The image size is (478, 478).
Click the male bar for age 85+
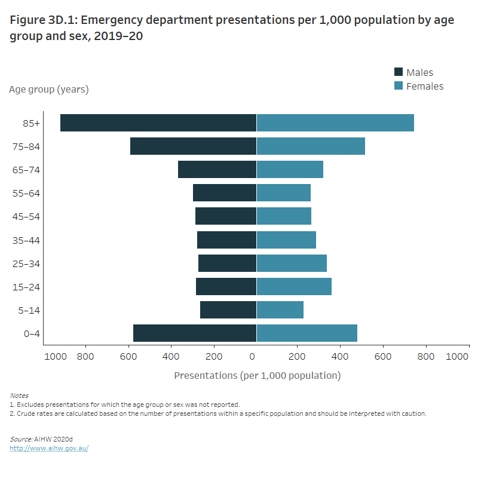click(x=158, y=122)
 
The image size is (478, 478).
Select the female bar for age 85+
click(x=335, y=122)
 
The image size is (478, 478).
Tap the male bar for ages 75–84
click(x=193, y=146)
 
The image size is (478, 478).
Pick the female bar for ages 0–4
click(x=307, y=333)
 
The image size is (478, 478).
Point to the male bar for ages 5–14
click(x=228, y=310)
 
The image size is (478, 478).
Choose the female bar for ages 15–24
click(x=294, y=287)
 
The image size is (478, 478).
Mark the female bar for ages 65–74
click(x=290, y=170)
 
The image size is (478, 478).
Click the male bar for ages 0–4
click(x=195, y=333)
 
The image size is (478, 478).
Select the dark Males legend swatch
click(x=399, y=72)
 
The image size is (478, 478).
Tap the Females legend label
click(x=425, y=86)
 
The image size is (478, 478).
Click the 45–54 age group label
click(x=26, y=216)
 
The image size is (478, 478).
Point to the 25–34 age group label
click(x=26, y=263)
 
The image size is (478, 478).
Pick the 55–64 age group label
click(x=26, y=193)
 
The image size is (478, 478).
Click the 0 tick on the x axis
click(x=253, y=357)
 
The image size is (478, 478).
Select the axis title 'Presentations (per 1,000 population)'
click(x=257, y=376)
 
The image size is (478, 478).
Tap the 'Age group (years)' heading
click(x=49, y=90)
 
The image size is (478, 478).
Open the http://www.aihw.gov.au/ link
click(x=49, y=448)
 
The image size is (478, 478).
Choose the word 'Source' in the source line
click(x=20, y=439)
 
